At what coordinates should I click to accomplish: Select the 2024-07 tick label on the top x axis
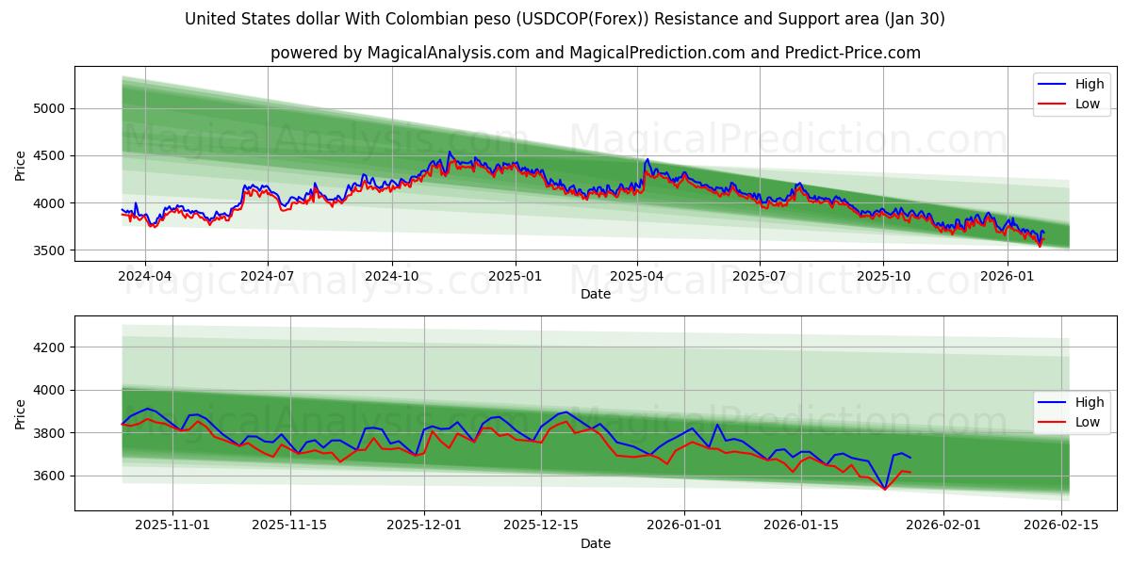tap(267, 277)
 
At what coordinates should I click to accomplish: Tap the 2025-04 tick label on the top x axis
tap(636, 277)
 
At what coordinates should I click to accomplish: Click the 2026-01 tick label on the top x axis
tap(1007, 277)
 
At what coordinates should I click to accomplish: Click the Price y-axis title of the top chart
tap(21, 165)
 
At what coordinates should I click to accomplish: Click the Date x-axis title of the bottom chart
tap(595, 543)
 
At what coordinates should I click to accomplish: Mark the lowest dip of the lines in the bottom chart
tap(884, 489)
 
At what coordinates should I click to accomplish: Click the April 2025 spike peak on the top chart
tap(647, 160)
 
